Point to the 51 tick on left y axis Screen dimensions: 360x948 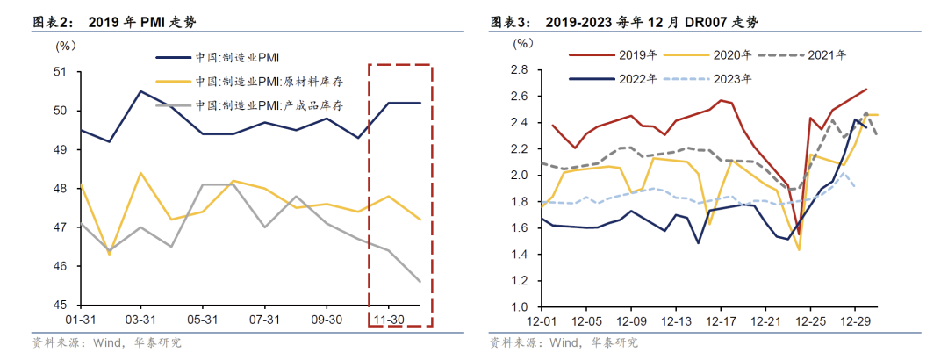[x=62, y=71]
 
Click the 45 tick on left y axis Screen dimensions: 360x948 [x=62, y=306]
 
